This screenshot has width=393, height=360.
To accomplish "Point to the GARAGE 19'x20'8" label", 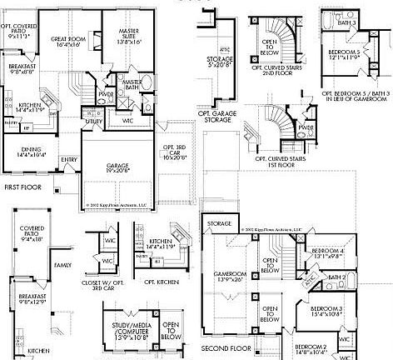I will tap(117, 169).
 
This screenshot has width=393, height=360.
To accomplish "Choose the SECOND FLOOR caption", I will tap(226, 347).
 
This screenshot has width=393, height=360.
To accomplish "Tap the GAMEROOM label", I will tap(228, 274).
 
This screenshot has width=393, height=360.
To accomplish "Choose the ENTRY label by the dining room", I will tap(68, 159).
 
